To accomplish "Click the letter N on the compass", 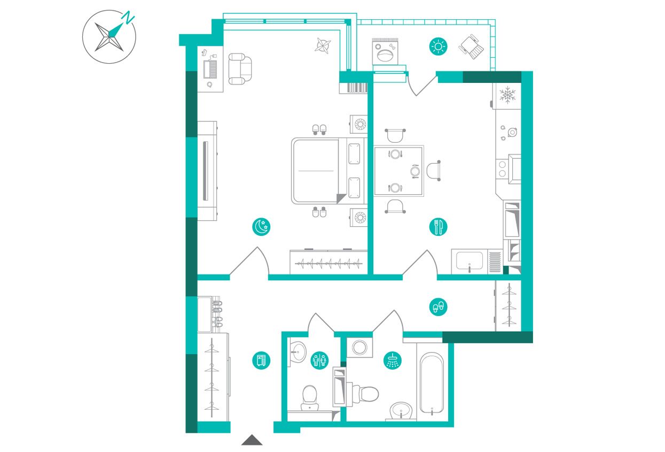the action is tap(129, 18).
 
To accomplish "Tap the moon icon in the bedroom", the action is tap(261, 227).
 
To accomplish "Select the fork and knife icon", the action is tap(438, 227).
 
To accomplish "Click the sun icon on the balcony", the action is tap(439, 47).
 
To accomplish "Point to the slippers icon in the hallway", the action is tap(439, 307).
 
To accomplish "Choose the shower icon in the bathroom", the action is tap(393, 361).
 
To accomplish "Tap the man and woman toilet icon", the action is tap(319, 361).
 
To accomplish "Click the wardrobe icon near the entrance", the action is tap(261, 361).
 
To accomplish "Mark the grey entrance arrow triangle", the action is tap(252, 440).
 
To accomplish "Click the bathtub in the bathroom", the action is tap(432, 384).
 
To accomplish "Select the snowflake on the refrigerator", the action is tap(507, 95).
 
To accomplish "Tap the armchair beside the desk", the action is tap(240, 68).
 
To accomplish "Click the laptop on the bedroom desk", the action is tap(210, 69).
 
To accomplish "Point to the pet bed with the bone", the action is tap(385, 52).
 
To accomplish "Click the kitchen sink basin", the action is tap(469, 261).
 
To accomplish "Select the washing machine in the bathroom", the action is tap(359, 347).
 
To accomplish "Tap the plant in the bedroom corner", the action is tap(323, 46).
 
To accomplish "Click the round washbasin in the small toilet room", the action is tap(297, 351).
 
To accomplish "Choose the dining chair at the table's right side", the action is tap(434, 171).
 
